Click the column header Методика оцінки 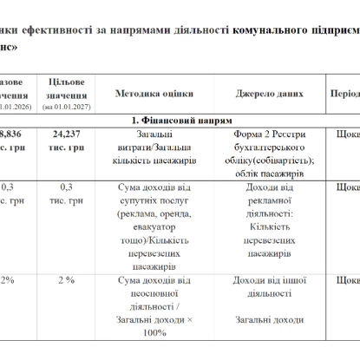[x=154, y=94]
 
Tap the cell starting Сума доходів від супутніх [x=154, y=220]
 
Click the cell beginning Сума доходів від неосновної [x=154, y=305]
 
